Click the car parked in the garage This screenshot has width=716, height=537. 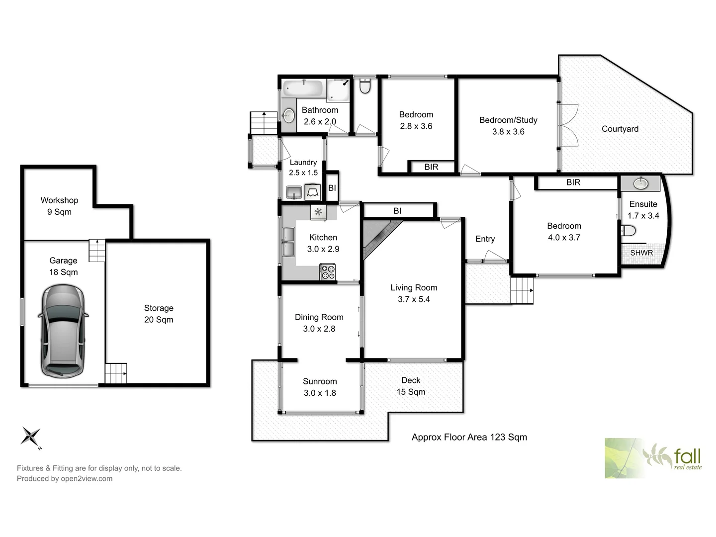[63, 331]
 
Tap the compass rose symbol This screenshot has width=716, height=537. [31, 437]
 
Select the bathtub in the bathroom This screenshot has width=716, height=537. [304, 89]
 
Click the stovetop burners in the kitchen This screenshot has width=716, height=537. [327, 272]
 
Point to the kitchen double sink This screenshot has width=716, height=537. [288, 242]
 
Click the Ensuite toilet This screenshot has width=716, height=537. [629, 231]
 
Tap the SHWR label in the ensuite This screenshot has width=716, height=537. [641, 253]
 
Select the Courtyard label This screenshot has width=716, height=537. [620, 129]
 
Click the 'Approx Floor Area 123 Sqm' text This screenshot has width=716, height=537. [469, 437]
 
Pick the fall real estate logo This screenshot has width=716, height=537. [653, 458]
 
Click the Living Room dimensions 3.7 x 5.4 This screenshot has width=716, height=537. [414, 299]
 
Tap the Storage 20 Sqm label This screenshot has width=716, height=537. [159, 314]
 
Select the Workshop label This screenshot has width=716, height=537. [59, 200]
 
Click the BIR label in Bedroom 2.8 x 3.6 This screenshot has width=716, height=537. [431, 167]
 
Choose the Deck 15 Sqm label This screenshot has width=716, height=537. [411, 386]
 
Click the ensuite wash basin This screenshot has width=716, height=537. [640, 183]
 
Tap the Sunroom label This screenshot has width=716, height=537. [320, 381]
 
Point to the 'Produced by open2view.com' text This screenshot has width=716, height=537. [65, 479]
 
